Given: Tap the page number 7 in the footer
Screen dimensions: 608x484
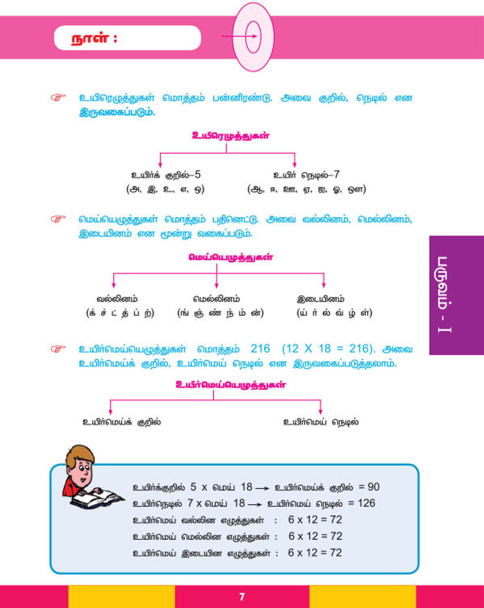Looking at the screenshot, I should pos(242,596).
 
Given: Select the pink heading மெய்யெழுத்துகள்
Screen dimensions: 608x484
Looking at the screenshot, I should pos(230,257).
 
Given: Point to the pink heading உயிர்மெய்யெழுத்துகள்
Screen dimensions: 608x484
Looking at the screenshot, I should pos(230,384).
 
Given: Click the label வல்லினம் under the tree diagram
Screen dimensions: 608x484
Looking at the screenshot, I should pos(117,299).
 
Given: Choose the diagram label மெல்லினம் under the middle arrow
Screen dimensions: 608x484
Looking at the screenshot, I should pos(216,299).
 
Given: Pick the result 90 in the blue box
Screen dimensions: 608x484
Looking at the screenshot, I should pos(373,487).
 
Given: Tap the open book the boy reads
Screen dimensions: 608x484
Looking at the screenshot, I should pos(98,498).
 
